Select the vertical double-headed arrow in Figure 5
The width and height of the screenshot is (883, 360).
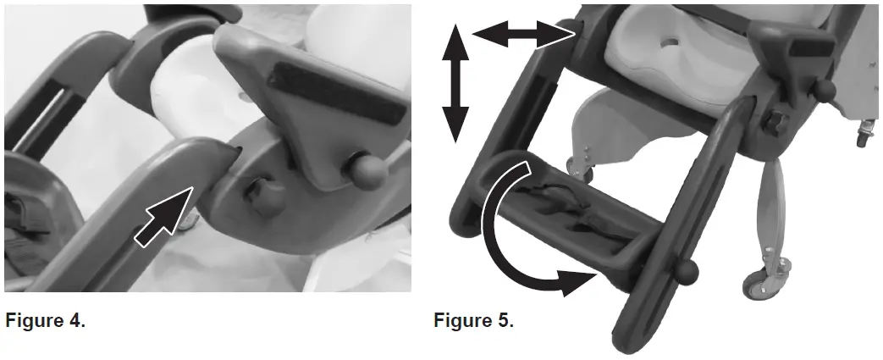[455, 83]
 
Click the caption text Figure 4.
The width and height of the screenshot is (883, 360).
[45, 321]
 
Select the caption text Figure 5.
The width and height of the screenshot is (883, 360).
[473, 321]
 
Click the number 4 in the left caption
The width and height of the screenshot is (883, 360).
[79, 321]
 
